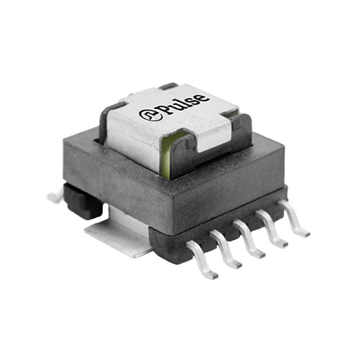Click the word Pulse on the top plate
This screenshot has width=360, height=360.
[179, 106]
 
